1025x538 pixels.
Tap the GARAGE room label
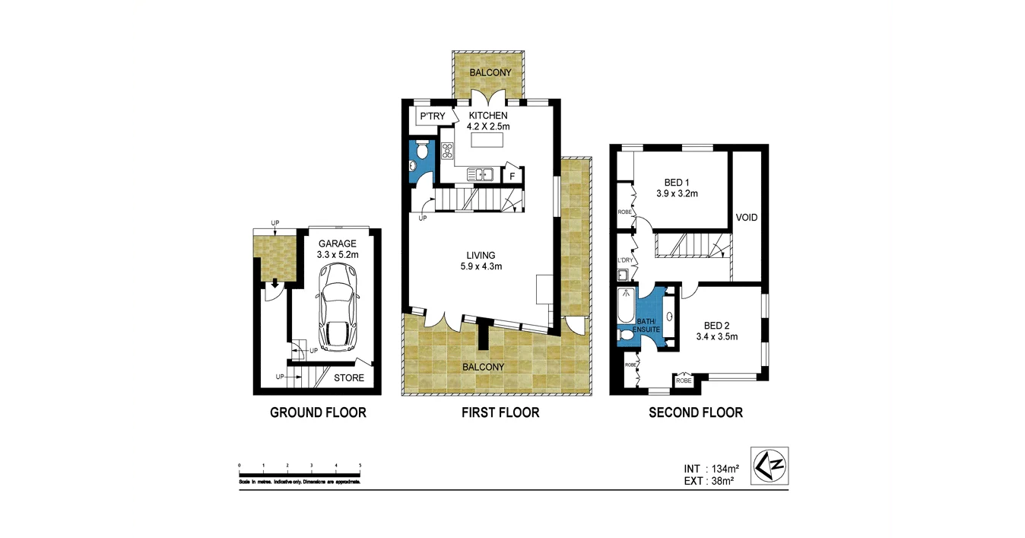pyautogui.click(x=338, y=244)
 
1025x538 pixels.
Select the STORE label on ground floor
pyautogui.click(x=349, y=377)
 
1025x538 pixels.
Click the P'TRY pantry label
pyautogui.click(x=433, y=116)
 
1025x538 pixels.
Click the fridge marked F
pyautogui.click(x=512, y=176)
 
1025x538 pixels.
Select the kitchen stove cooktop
pyautogui.click(x=447, y=150)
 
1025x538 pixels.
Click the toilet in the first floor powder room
pyautogui.click(x=421, y=151)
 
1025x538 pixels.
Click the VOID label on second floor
pyautogui.click(x=747, y=218)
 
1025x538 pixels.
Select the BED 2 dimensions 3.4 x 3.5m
pyautogui.click(x=717, y=336)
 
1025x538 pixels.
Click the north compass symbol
pyautogui.click(x=770, y=466)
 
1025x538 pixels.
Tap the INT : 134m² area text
pyautogui.click(x=711, y=469)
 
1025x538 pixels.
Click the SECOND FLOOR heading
pyautogui.click(x=695, y=412)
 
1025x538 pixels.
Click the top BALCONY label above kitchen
pyautogui.click(x=490, y=73)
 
